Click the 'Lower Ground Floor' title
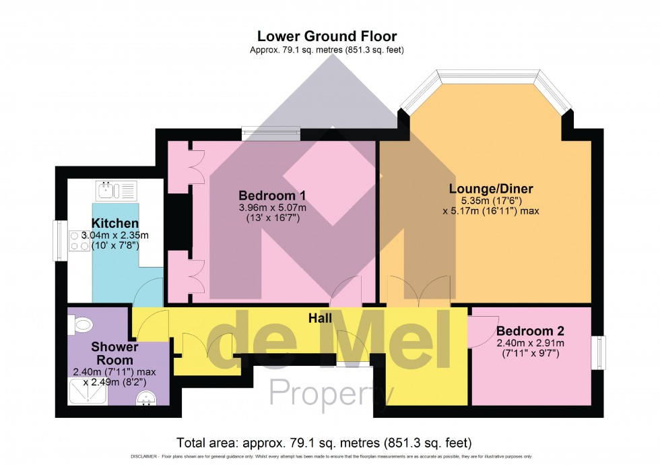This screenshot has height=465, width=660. [327, 36]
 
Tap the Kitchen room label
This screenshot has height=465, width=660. [115, 223]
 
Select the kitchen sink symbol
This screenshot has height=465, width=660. [117, 191]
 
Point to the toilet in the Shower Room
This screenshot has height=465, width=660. [81, 325]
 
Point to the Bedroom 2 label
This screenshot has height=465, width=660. [530, 331]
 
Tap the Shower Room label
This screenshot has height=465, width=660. [115, 354]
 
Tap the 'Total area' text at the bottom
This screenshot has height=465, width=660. [323, 443]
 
